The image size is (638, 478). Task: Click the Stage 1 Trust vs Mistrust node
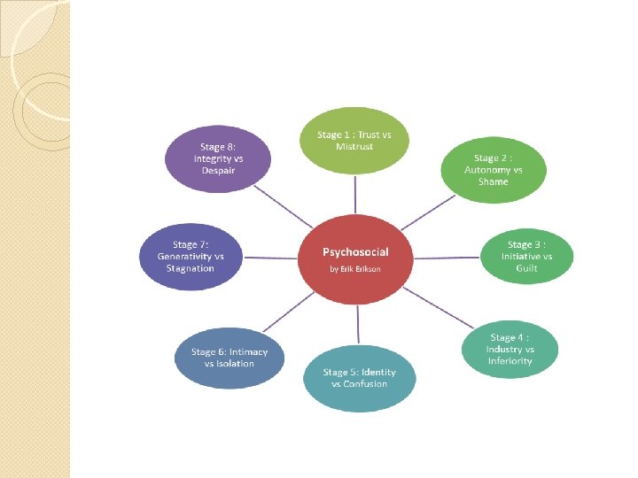354,139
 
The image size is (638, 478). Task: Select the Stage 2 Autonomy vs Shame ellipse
493,169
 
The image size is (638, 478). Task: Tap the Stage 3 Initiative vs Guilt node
526,256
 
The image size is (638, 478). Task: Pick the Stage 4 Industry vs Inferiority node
510,349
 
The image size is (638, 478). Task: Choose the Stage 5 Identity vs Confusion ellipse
359,377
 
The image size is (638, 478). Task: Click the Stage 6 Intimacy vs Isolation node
229,357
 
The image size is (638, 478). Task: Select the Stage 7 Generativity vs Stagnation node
191,256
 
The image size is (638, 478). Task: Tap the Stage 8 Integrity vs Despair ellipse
218,158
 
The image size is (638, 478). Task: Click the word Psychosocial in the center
355,252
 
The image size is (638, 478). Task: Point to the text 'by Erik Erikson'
355,268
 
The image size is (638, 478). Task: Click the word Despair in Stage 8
218,170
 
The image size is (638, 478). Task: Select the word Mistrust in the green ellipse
354,146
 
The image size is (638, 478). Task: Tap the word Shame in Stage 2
493,181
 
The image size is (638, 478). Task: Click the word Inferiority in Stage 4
510,361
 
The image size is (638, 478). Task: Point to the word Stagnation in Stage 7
191,268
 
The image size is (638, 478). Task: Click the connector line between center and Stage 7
271,258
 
